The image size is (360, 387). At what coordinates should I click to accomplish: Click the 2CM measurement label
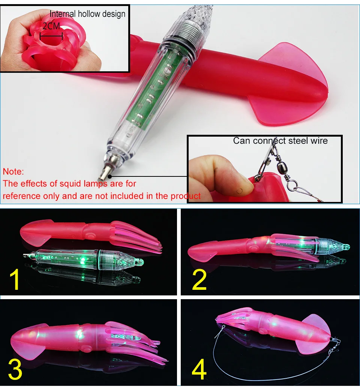click(x=51, y=26)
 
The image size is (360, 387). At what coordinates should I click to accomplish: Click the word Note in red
click(x=13, y=172)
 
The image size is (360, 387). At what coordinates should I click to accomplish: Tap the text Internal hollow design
click(x=88, y=14)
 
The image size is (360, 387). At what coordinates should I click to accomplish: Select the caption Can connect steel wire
click(x=280, y=141)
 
